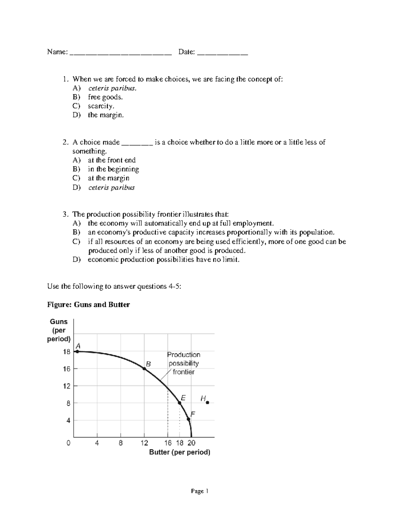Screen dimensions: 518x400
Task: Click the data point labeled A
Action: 77,351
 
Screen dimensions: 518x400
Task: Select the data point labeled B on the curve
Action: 144,369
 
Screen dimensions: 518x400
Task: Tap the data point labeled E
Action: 179,403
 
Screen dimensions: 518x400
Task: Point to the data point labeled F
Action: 188,419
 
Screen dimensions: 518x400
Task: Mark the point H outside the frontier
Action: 207,403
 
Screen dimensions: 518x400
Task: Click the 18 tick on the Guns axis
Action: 67,352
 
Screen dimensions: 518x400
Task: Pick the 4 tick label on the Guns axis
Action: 68,421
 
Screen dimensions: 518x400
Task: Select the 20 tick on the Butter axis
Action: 191,443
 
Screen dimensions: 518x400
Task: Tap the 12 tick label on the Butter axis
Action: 144,443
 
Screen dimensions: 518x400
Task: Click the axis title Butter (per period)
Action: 179,452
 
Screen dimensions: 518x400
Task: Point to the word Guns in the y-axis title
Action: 59,322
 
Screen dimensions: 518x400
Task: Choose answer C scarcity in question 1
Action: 101,106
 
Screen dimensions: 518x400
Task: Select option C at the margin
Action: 108,178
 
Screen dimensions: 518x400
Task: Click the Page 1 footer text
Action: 199,491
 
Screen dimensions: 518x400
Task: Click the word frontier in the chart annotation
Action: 183,372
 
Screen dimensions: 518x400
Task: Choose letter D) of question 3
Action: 76,260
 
